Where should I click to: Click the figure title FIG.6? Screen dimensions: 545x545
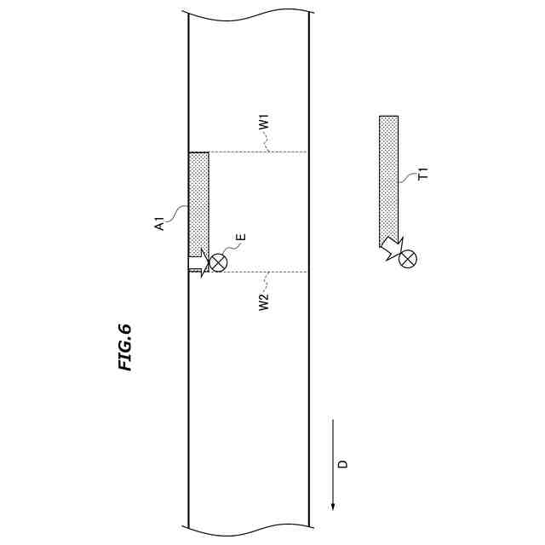tap(125, 347)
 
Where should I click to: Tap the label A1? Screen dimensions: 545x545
tap(159, 223)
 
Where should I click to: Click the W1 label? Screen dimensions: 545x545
tap(265, 123)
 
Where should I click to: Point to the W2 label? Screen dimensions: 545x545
tap(264, 302)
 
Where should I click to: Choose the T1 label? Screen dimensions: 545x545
tap(424, 174)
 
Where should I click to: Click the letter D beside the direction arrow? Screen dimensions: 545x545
tap(343, 463)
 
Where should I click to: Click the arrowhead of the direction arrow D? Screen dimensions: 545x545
tap(333, 508)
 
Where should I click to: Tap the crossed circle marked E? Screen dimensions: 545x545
tap(218, 262)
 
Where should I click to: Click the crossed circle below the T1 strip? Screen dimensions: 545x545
tap(408, 259)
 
